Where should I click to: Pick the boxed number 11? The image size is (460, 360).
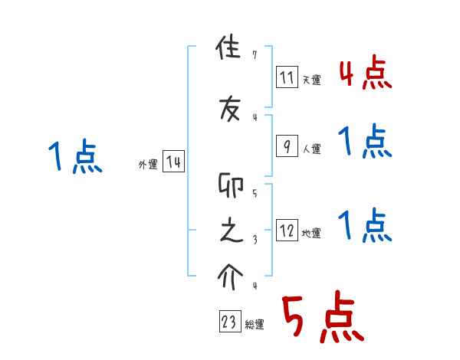[x=287, y=77]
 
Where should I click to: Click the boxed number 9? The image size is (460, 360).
[x=287, y=146]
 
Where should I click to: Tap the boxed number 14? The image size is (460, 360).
[x=173, y=162]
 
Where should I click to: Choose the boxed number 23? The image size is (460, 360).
[x=229, y=322]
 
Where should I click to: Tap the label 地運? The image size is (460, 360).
[x=311, y=234]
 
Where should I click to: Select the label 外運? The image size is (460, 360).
[x=148, y=165]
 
